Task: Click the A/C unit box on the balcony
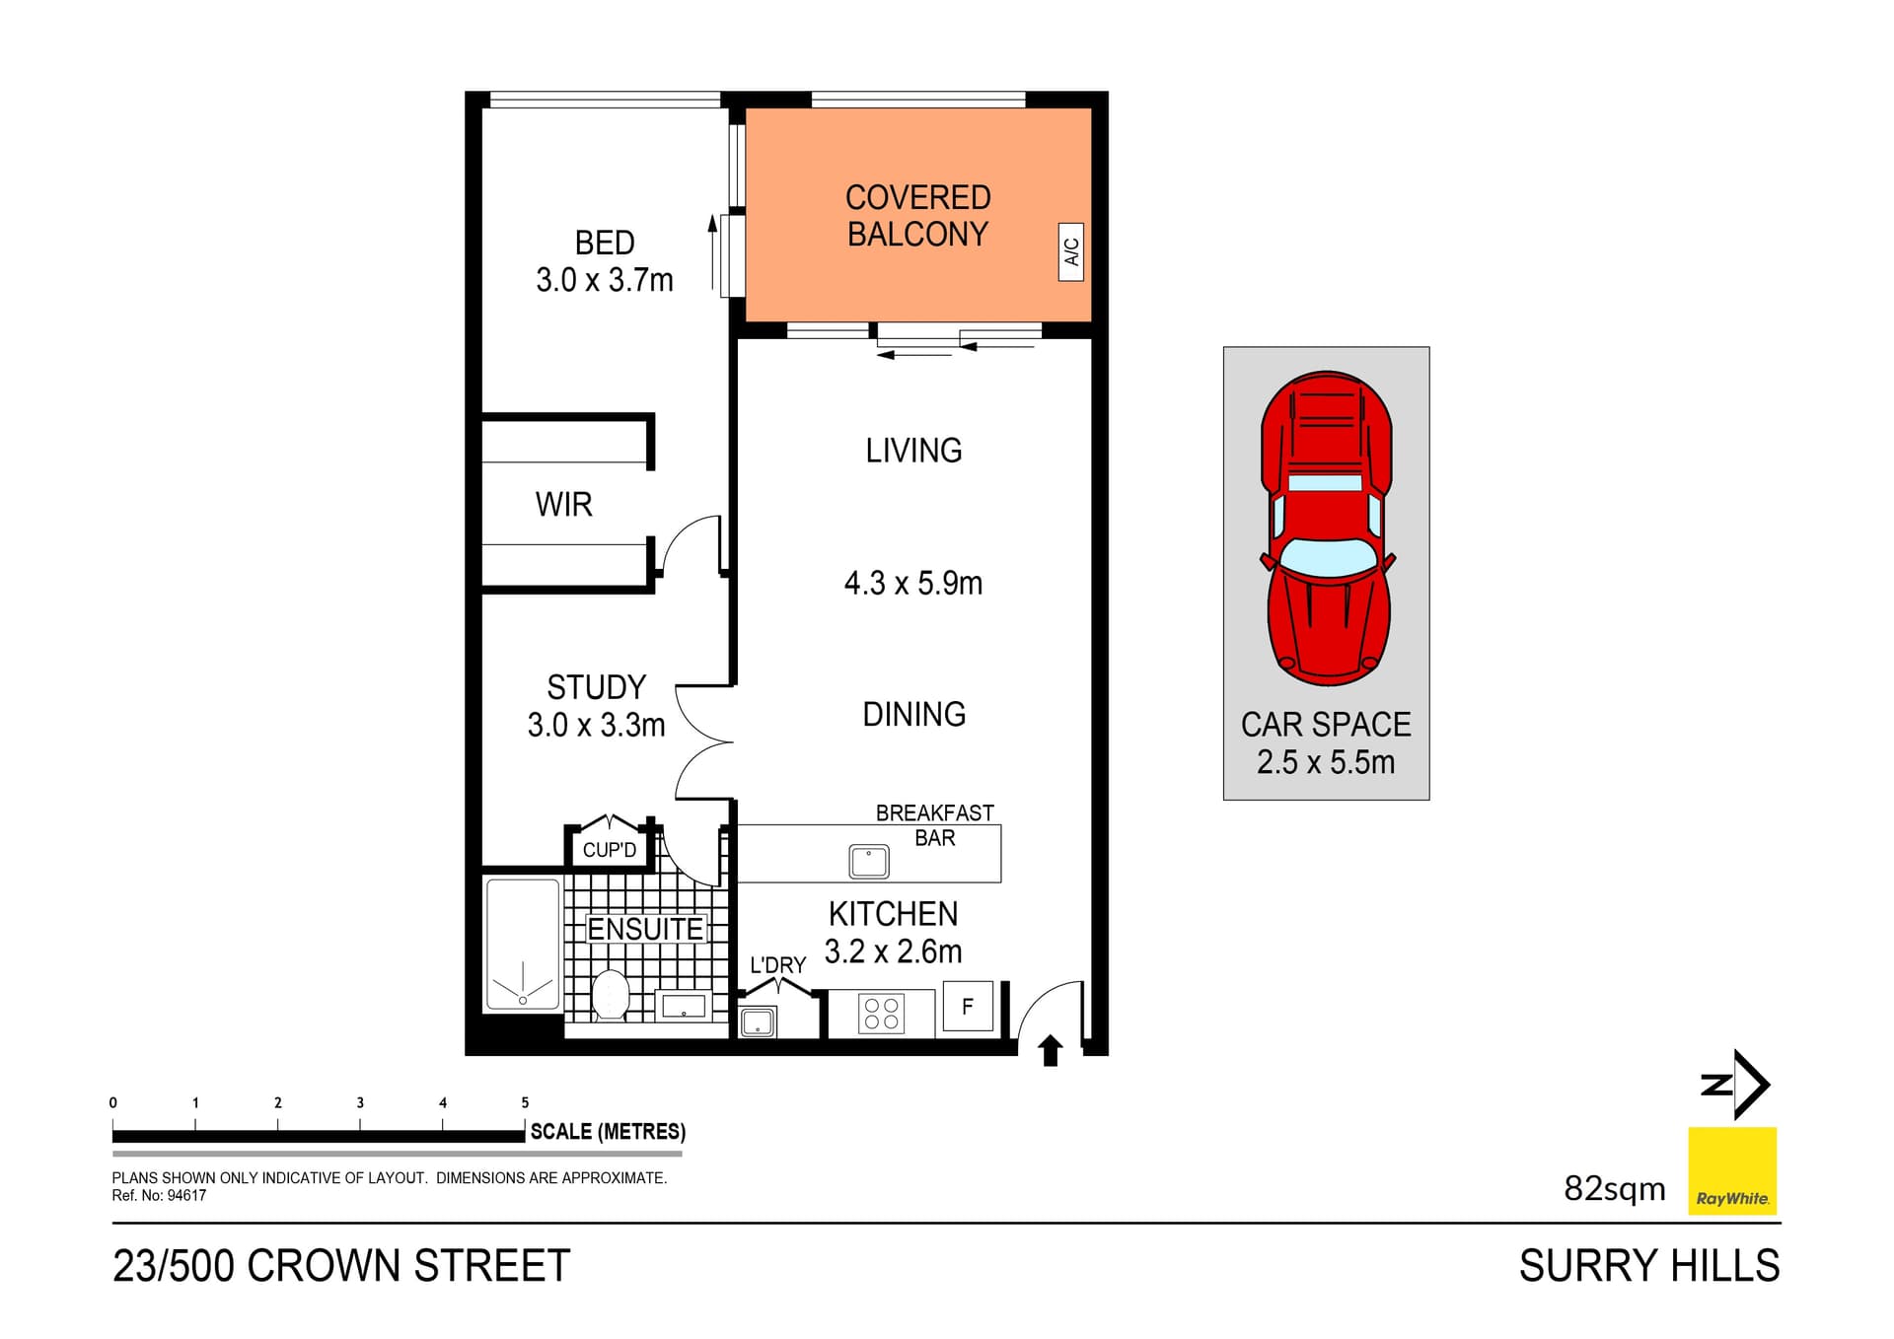[x=1070, y=252]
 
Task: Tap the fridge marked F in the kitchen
[x=967, y=1007]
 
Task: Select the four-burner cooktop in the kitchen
[x=881, y=1014]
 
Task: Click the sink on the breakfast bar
[x=869, y=862]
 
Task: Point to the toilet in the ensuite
[x=611, y=995]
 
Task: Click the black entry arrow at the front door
[x=1051, y=1051]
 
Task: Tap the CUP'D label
[x=609, y=850]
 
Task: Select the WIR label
[x=563, y=505]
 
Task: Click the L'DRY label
[x=777, y=965]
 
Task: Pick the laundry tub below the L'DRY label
[x=758, y=1022]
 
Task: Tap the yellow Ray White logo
[x=1731, y=1170]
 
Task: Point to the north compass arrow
[x=1738, y=1085]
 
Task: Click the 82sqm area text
[x=1614, y=1189]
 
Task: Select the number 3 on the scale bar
[x=360, y=1103]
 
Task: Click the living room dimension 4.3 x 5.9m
[x=912, y=584]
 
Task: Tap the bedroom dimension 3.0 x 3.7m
[x=604, y=281]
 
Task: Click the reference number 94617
[x=186, y=1196]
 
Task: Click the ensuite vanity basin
[x=683, y=1007]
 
